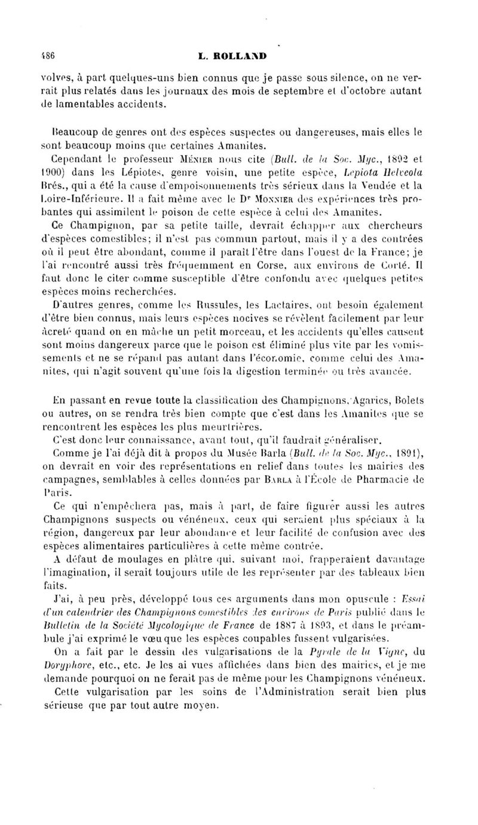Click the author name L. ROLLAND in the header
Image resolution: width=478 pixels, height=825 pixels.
pyautogui.click(x=235, y=57)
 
